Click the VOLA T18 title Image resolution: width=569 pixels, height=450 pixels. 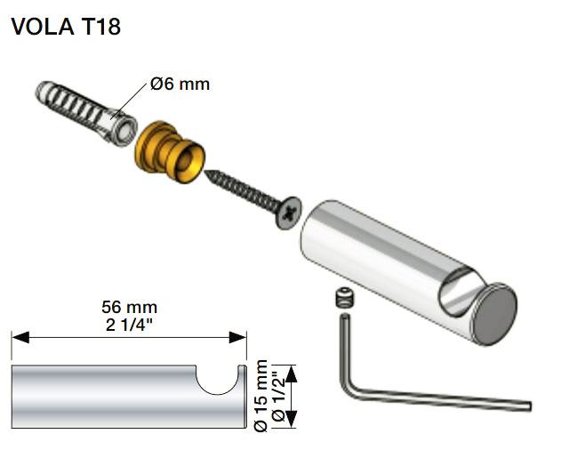click(x=66, y=27)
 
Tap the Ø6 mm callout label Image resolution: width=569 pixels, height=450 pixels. click(x=180, y=84)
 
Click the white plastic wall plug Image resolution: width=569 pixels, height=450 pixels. click(x=86, y=113)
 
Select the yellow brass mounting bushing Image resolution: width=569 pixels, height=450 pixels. click(x=170, y=152)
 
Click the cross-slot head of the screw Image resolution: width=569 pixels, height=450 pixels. click(x=289, y=213)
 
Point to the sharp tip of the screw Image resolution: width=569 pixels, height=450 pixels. click(x=205, y=172)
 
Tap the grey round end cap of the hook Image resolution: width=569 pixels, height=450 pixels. click(x=496, y=314)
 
